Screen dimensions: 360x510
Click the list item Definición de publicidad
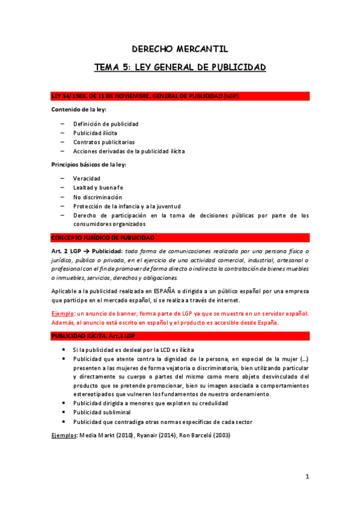click(x=106, y=124)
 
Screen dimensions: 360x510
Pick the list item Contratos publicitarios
click(x=104, y=142)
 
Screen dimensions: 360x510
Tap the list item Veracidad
click(x=87, y=179)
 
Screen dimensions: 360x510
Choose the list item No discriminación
click(x=97, y=197)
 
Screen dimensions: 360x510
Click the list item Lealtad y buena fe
click(x=98, y=188)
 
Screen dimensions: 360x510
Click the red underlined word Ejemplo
click(x=63, y=313)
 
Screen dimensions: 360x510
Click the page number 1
click(x=307, y=477)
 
